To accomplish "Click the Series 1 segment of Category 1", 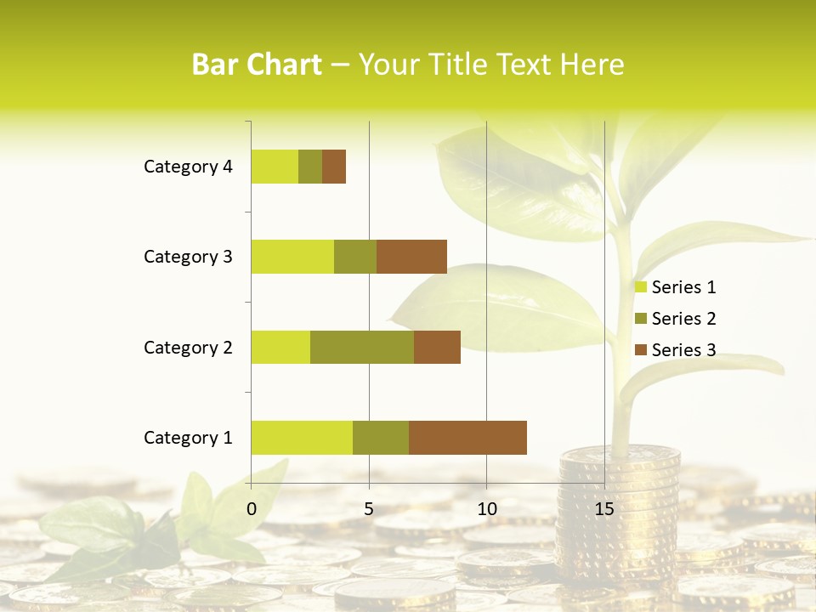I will [x=302, y=437].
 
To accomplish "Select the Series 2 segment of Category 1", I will [x=381, y=437].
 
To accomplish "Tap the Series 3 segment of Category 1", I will [x=467, y=437].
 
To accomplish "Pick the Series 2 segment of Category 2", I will [x=362, y=347].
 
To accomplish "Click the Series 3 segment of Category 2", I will [x=437, y=347].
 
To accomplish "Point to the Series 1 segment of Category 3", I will [x=292, y=256].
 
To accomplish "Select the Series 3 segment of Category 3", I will [x=411, y=256].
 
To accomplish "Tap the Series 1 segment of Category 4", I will [x=275, y=167].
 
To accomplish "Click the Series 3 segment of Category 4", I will [x=334, y=167].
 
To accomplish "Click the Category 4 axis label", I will [x=188, y=167].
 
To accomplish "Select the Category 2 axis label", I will [x=188, y=347].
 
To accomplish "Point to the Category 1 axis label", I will [x=188, y=438].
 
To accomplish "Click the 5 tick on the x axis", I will [x=369, y=509].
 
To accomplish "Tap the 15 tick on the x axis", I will [x=604, y=509].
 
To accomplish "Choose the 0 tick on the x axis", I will [x=252, y=509].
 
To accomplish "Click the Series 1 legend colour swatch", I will [x=641, y=287].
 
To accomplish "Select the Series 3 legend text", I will [x=683, y=350].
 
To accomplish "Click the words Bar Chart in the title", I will [x=257, y=65].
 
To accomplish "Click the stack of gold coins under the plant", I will [x=620, y=510].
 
